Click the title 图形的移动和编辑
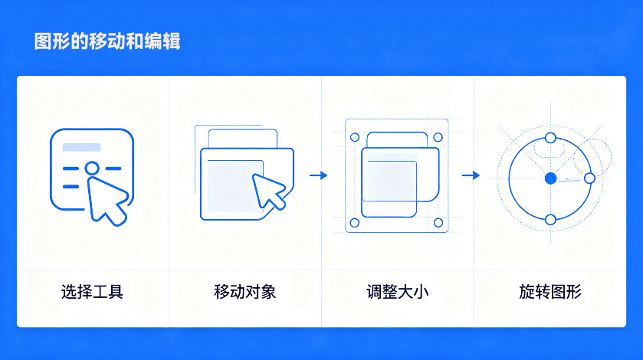pyautogui.click(x=107, y=41)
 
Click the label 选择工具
pyautogui.click(x=92, y=292)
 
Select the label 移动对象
pyautogui.click(x=244, y=292)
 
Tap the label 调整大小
pyautogui.click(x=397, y=292)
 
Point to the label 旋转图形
pyautogui.click(x=550, y=292)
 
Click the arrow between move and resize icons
pyautogui.click(x=319, y=175)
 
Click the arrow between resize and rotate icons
pyautogui.click(x=471, y=175)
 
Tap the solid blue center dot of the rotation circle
pyautogui.click(x=551, y=178)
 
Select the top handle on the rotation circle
pyautogui.click(x=551, y=138)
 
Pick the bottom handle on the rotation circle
pyautogui.click(x=551, y=220)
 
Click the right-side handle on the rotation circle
pyautogui.click(x=589, y=178)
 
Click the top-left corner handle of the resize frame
pyautogui.click(x=355, y=137)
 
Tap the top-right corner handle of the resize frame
pyautogui.click(x=438, y=137)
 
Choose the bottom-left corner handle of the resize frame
pyautogui.click(x=355, y=223)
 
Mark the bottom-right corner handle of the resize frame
pyautogui.click(x=438, y=223)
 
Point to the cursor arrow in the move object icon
pyautogui.click(x=267, y=190)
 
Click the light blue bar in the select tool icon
pyautogui.click(x=81, y=147)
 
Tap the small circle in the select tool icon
pyautogui.click(x=92, y=168)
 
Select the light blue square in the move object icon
pyautogui.click(x=235, y=185)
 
